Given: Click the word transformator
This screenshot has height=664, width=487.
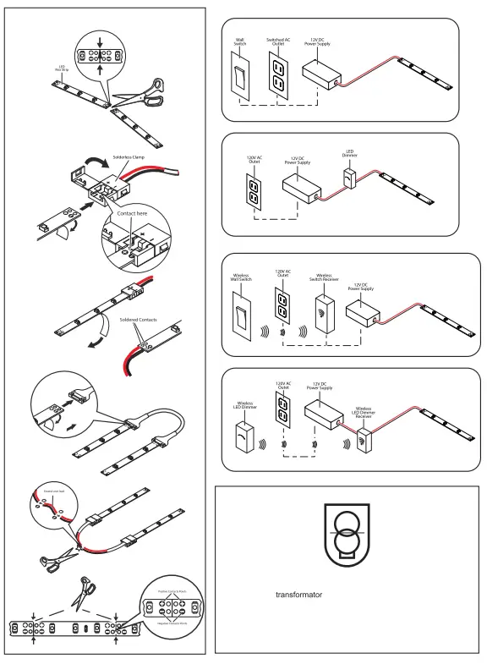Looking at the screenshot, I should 300,594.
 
